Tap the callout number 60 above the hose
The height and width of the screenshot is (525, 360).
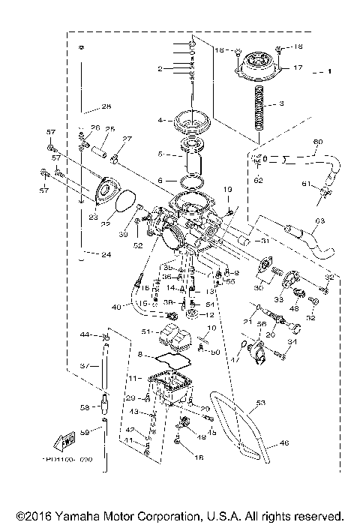coord(316,142)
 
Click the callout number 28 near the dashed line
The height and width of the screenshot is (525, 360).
coord(106,106)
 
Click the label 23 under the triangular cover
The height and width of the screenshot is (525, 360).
coord(93,217)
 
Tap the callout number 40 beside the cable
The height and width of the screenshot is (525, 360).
coord(115,307)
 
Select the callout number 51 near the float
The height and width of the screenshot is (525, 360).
coord(147,330)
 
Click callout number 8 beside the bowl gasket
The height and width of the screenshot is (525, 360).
coord(139,353)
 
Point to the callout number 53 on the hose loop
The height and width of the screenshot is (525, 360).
coord(261,403)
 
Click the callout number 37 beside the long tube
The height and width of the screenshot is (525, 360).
coord(85,366)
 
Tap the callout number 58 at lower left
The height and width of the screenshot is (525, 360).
coord(85,408)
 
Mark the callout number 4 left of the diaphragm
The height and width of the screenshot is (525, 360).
coord(160,120)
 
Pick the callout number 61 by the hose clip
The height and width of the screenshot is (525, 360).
coord(306,184)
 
